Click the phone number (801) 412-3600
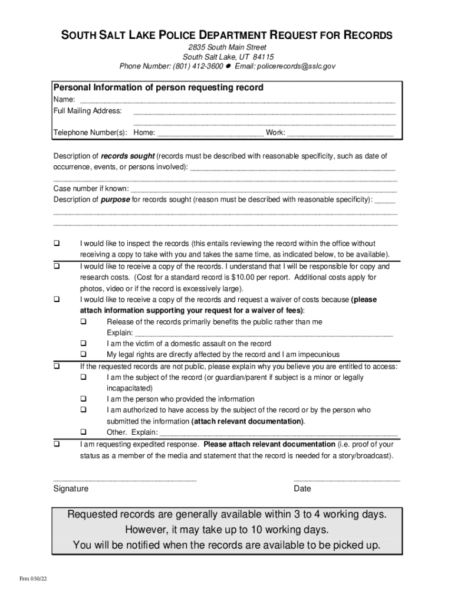(198, 66)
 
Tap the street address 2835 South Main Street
(227, 47)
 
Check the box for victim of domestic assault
(84, 343)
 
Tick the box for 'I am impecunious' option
(84, 354)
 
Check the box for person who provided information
(84, 399)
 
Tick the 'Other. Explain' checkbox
(84, 432)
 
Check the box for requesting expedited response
(57, 444)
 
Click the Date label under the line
(302, 489)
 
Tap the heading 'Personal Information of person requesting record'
(159, 87)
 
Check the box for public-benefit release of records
(84, 322)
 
